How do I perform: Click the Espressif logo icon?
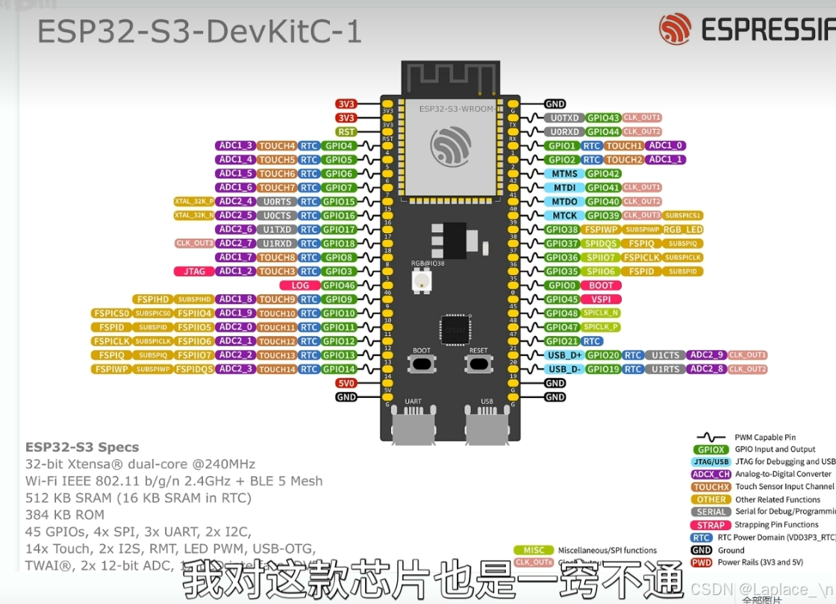click(675, 29)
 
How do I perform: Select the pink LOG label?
click(300, 285)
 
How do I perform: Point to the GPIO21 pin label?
click(562, 341)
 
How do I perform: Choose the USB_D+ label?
click(564, 355)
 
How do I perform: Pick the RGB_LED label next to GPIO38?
click(682, 230)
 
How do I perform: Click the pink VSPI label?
click(601, 299)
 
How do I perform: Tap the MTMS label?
click(564, 173)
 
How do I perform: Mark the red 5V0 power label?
click(346, 383)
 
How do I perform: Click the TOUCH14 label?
click(277, 369)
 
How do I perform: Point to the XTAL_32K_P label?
click(194, 202)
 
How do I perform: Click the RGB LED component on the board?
click(421, 281)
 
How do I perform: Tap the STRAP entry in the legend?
click(711, 525)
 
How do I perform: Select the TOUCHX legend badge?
click(711, 487)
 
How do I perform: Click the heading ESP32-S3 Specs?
click(82, 447)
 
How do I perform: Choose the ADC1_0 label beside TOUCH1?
click(666, 146)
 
